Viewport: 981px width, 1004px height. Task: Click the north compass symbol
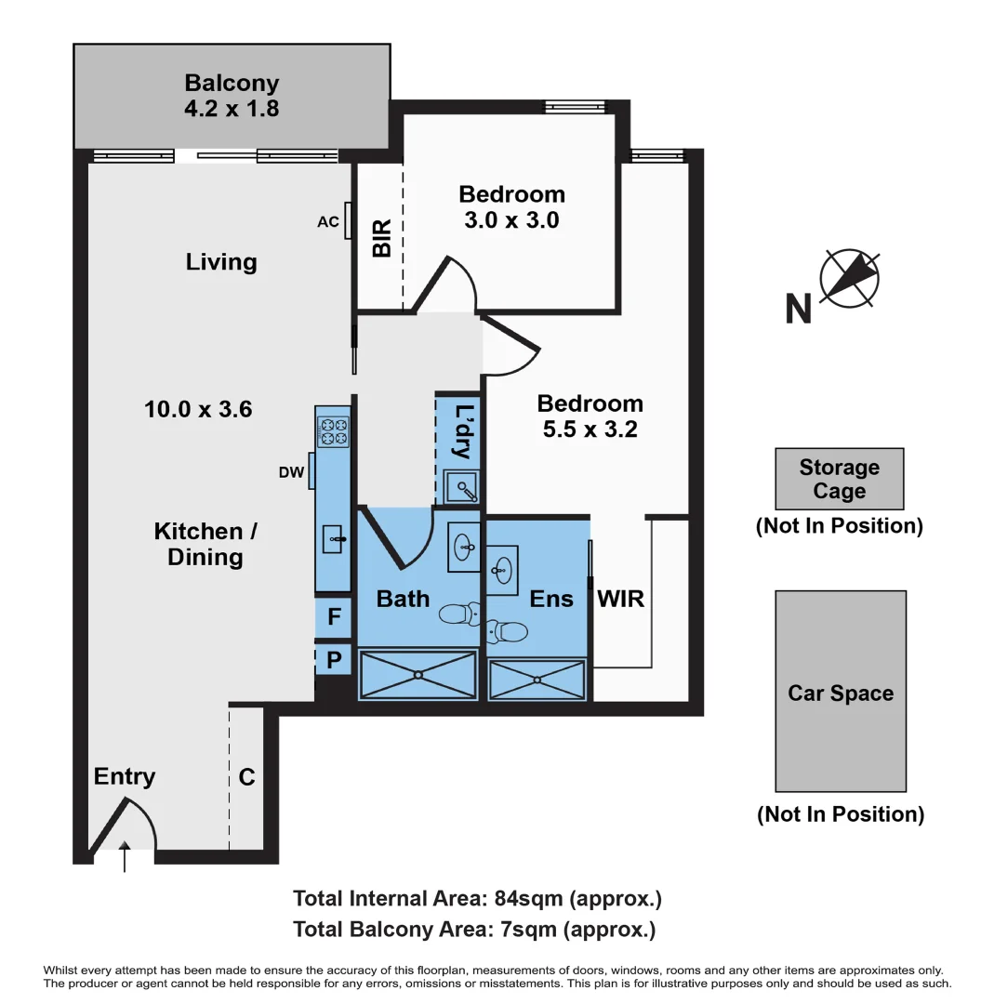(x=849, y=278)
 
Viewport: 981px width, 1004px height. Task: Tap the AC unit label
(x=327, y=221)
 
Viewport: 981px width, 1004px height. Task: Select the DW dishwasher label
(x=291, y=472)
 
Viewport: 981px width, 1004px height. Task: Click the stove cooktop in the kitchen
(x=333, y=432)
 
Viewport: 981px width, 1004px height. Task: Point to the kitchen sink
(x=334, y=538)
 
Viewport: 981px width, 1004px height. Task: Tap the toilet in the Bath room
(x=459, y=614)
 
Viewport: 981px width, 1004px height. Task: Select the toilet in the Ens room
(x=508, y=632)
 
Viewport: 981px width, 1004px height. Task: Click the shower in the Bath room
(x=418, y=674)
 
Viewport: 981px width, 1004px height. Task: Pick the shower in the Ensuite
(x=537, y=680)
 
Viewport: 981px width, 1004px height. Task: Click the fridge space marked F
(x=334, y=616)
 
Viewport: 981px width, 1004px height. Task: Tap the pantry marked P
(x=333, y=661)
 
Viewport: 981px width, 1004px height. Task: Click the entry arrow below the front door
(x=125, y=858)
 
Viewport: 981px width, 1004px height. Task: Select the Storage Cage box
(x=839, y=479)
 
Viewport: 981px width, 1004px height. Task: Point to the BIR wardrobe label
(x=381, y=238)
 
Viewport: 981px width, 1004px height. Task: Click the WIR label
(x=621, y=598)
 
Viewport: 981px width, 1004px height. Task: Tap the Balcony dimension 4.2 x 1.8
(x=232, y=108)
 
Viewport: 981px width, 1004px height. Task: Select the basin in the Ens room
(x=503, y=568)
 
